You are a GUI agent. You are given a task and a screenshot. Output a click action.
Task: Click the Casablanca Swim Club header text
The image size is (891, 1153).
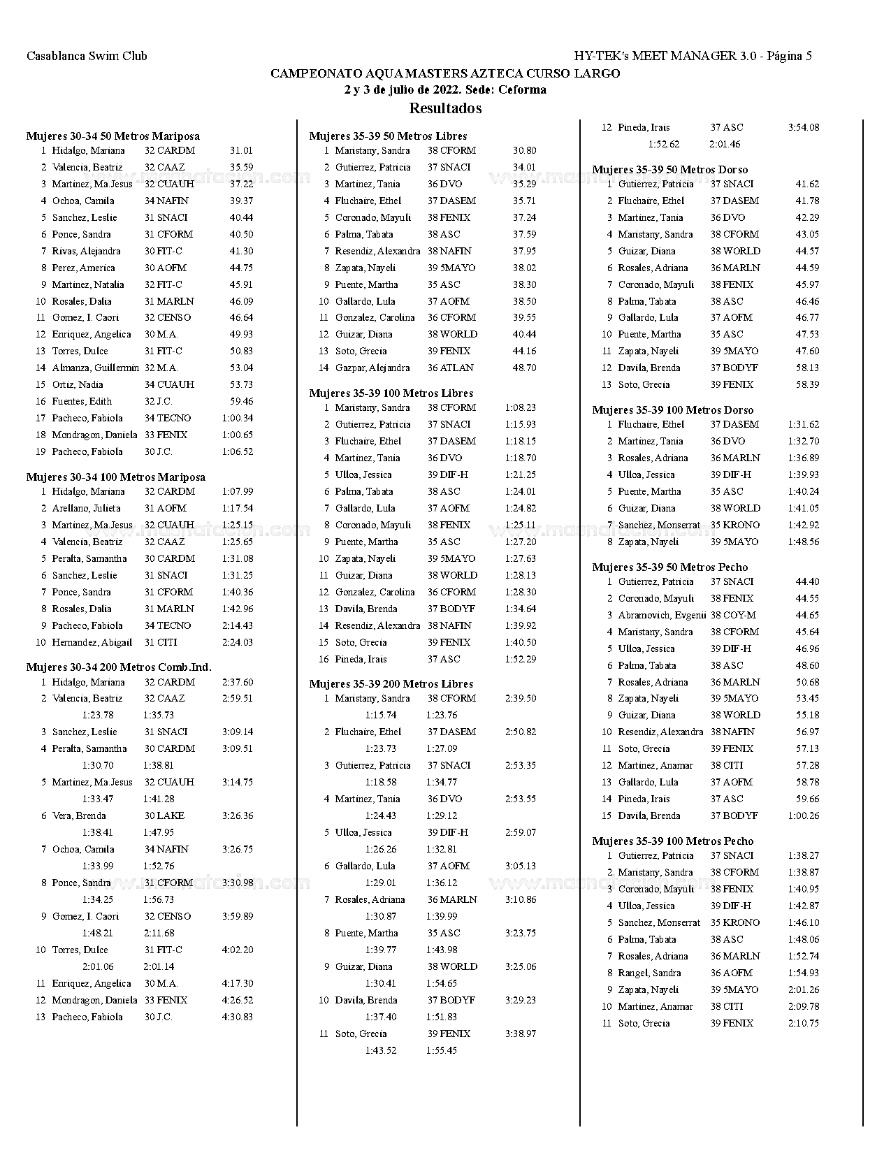87,56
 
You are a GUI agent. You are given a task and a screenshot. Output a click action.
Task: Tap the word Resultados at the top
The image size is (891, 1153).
445,108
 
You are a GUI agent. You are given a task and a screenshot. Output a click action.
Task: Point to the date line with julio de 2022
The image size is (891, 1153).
445,89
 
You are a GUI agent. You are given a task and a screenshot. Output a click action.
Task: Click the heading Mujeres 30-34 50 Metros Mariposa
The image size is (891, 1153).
113,136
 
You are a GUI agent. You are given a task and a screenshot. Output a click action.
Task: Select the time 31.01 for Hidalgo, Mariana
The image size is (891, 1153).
241,150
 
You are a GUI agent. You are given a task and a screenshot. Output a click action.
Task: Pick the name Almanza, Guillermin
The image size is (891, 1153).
95,368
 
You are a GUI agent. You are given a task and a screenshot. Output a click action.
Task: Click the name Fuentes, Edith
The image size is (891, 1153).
82,401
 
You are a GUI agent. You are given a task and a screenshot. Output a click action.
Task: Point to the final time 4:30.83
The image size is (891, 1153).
238,1017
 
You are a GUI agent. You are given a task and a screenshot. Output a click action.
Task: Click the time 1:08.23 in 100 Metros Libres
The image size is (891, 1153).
521,407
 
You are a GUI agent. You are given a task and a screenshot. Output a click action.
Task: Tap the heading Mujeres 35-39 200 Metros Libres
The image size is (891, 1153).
391,683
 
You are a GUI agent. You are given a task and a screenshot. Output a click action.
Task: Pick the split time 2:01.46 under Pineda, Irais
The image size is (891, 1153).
725,144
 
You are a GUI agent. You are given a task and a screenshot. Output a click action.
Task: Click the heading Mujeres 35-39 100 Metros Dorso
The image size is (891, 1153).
672,409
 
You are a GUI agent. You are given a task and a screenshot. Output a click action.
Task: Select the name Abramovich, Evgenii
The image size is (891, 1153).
662,615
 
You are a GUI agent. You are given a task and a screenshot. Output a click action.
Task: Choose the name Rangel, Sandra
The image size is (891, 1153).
649,973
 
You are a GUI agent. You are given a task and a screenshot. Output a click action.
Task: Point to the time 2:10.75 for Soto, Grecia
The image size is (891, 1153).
804,1023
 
